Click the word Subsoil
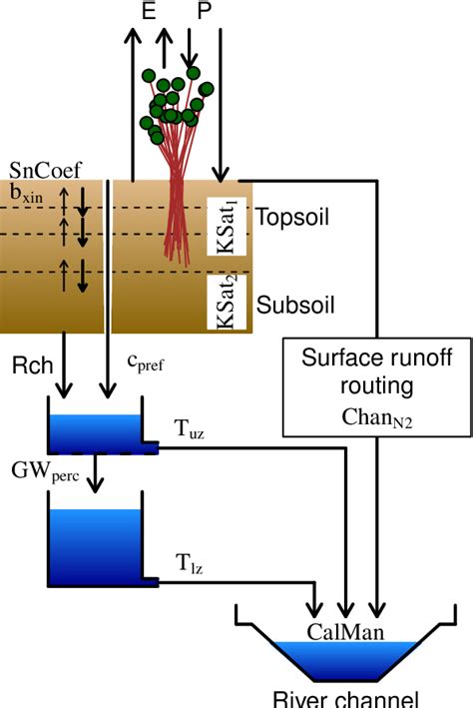click(x=290, y=302)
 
